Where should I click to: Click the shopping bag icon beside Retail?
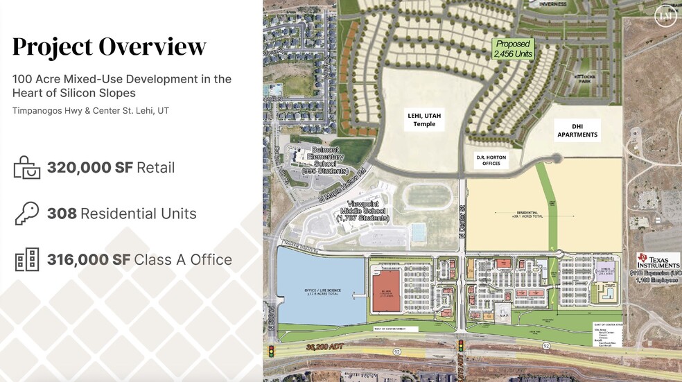pos(27,168)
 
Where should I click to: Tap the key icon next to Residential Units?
pos(27,214)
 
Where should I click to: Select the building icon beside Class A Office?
pos(27,259)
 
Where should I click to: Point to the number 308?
pos(61,214)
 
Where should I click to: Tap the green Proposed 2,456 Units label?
pos(513,49)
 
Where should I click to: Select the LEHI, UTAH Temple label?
pos(425,120)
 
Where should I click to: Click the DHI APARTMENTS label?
pos(577,130)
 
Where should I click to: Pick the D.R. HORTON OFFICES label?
pos(491,160)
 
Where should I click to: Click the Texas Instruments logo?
pos(658,261)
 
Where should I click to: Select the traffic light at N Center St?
pos(459,345)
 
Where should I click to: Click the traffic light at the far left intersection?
pos(272,351)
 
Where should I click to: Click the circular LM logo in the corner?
pos(665,16)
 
